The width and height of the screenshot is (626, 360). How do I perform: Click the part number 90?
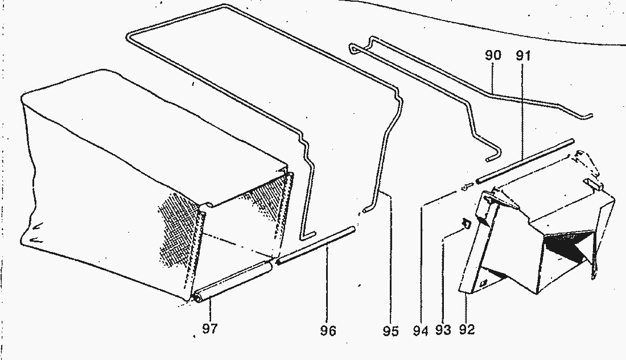click(493, 55)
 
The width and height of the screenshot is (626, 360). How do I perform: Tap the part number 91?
click(523, 56)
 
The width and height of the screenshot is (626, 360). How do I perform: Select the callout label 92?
click(467, 330)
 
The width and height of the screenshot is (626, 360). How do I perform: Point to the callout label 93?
click(443, 330)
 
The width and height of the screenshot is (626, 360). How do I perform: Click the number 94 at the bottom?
click(421, 330)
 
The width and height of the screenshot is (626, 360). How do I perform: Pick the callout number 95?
click(390, 331)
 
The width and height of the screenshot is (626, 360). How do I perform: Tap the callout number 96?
click(328, 330)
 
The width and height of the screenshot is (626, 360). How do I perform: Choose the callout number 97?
click(210, 329)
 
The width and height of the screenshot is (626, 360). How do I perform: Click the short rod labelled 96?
click(315, 246)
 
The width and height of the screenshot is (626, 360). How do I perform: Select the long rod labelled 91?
click(525, 161)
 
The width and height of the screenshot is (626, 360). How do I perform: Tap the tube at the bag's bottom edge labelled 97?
click(232, 282)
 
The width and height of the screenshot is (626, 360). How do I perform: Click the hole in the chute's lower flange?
click(484, 283)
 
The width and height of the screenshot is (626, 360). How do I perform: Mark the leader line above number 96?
click(327, 285)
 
